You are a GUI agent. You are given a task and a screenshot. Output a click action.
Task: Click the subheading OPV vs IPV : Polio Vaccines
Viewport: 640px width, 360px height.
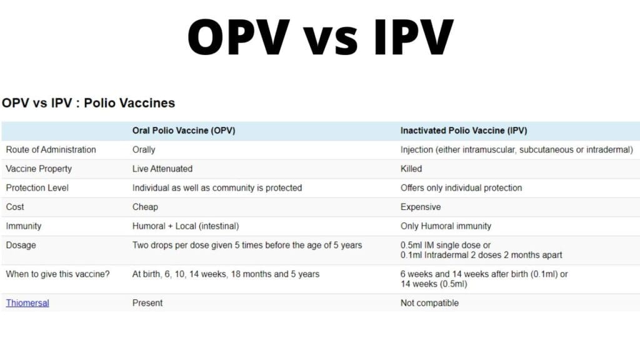click(88, 103)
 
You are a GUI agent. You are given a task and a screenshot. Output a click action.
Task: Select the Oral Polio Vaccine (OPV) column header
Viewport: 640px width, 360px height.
click(184, 131)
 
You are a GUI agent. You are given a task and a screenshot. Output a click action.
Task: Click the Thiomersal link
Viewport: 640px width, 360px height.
click(27, 303)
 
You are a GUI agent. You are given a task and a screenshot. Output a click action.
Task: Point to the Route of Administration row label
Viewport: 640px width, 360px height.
click(51, 150)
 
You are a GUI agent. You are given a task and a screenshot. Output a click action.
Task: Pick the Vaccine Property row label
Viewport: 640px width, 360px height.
click(39, 169)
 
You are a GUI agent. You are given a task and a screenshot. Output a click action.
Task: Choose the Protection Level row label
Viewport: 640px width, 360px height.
click(37, 187)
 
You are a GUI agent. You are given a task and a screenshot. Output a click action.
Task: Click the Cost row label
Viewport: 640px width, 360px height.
click(15, 207)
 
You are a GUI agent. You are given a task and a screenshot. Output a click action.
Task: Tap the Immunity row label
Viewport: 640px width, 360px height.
click(24, 226)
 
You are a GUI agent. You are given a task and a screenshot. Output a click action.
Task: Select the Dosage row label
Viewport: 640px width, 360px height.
click(21, 245)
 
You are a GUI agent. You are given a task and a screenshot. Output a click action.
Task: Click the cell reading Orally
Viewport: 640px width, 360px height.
click(144, 150)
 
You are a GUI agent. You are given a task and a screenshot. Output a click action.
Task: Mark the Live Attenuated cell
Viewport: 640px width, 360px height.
click(162, 169)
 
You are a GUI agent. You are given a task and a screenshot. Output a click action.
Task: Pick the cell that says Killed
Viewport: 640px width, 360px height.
click(411, 169)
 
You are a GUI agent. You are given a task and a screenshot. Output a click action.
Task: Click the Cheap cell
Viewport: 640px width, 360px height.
click(145, 207)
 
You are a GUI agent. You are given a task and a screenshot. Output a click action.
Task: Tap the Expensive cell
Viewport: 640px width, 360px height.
click(421, 207)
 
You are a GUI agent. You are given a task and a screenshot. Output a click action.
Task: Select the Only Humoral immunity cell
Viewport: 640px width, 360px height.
click(446, 226)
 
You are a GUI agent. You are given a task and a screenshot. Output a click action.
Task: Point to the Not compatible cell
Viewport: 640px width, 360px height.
click(429, 303)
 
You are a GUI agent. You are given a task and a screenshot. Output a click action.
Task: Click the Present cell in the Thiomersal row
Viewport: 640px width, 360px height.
click(147, 303)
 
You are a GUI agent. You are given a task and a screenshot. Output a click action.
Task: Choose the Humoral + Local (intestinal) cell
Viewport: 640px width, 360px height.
click(186, 226)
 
